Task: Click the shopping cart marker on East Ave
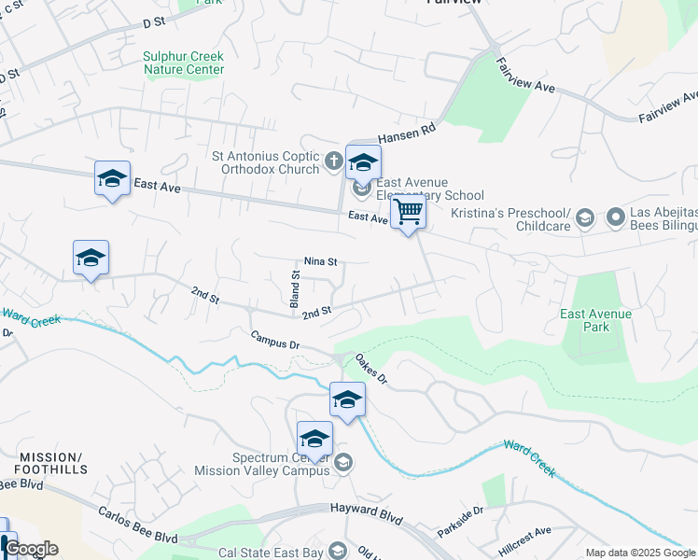408,213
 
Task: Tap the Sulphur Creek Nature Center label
184,63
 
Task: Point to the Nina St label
320,262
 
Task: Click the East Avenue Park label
596,320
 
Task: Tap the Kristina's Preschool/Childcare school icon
585,218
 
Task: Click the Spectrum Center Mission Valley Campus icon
343,462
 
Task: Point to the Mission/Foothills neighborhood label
50,463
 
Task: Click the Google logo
30,549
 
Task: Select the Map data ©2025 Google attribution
640,553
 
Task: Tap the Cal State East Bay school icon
338,553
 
